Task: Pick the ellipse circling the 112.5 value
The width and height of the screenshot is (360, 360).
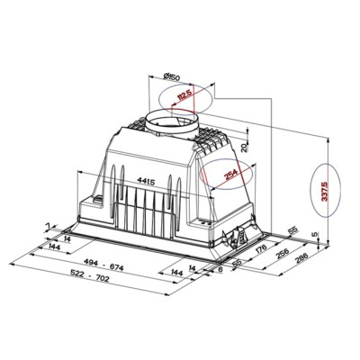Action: tap(182, 97)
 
